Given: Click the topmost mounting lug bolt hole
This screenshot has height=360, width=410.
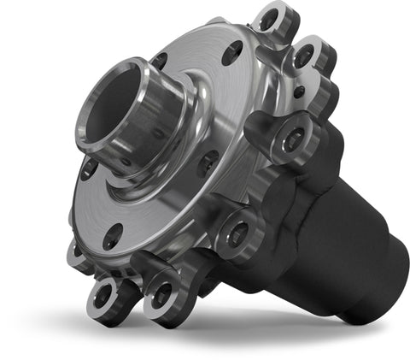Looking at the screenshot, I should [x=269, y=19].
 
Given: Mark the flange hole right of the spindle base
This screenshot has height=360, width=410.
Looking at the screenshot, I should [x=207, y=159].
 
